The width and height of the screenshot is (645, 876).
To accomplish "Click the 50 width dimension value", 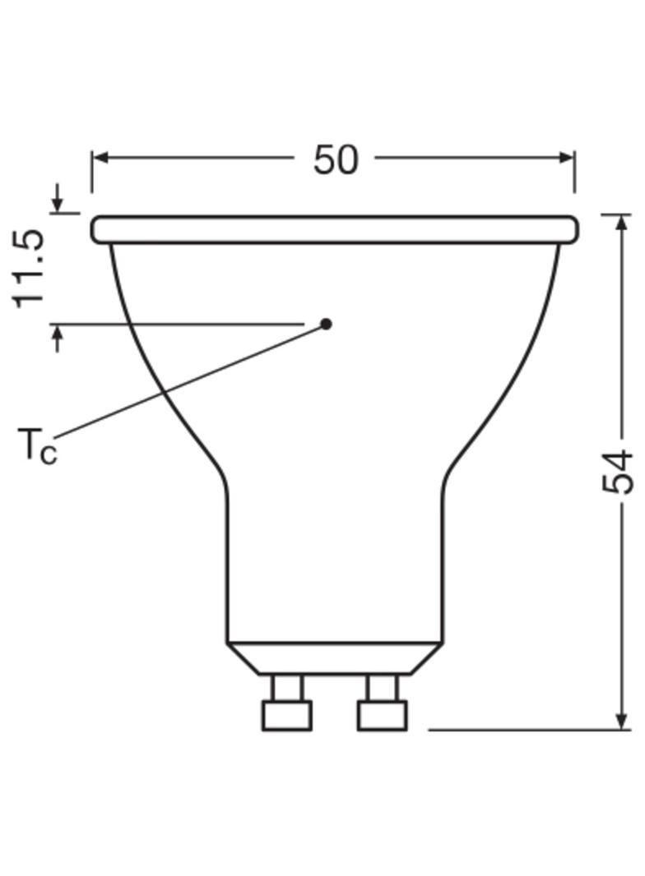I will [x=336, y=159].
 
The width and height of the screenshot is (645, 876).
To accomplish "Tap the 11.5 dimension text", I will [x=30, y=268].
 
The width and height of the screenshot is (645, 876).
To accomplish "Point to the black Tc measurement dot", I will [x=326, y=324].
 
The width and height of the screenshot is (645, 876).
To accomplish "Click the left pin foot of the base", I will [x=286, y=715].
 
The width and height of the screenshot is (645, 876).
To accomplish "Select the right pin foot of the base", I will [x=383, y=715].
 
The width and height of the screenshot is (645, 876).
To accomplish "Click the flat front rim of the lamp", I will [x=334, y=229].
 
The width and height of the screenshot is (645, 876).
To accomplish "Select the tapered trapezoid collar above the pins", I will [x=334, y=658].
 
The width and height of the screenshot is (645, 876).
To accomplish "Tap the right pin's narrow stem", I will [x=383, y=687].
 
